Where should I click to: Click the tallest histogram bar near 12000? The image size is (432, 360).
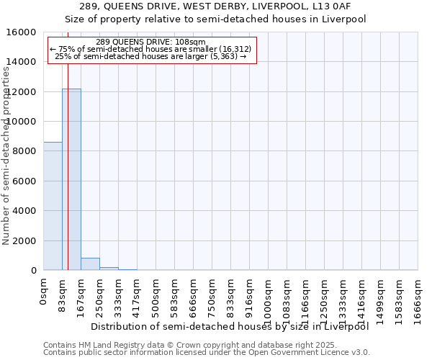coord(71,179)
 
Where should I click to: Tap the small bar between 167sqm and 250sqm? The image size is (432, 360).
coord(90,264)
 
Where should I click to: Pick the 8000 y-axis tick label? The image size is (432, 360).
coord(24,151)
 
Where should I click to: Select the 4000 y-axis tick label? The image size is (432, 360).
coord(24,211)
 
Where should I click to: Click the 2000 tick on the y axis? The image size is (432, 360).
coord(24,240)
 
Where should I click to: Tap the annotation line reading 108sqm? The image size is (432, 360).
coord(150,42)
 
